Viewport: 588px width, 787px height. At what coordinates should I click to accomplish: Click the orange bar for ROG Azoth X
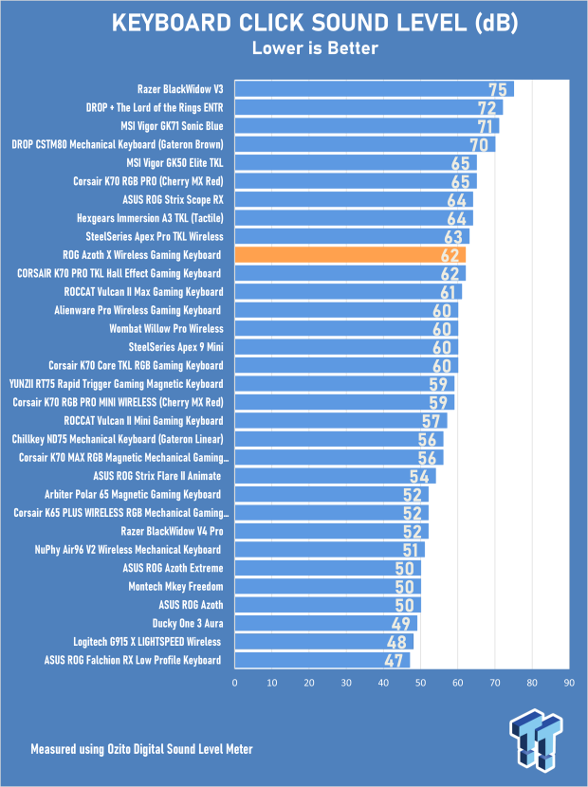350,255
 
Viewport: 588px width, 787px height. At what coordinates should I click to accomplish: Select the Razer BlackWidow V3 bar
374,89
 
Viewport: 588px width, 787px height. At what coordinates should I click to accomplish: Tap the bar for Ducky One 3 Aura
326,623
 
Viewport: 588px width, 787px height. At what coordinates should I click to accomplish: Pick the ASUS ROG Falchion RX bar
322,660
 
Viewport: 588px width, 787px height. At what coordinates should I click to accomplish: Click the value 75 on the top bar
498,90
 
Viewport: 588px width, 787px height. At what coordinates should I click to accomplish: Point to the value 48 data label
396,642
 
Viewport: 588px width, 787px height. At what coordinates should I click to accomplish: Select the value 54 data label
419,476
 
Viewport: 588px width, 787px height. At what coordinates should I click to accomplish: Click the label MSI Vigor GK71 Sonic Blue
172,126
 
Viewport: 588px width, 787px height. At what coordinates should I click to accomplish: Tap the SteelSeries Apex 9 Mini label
175,347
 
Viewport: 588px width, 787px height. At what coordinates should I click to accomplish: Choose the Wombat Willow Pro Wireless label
166,329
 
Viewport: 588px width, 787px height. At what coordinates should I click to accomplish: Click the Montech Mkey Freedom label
175,586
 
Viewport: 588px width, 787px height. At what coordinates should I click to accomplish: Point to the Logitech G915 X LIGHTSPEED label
147,642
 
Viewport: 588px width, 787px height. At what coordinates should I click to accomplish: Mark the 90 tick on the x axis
569,683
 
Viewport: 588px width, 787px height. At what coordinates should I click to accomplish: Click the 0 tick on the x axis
234,683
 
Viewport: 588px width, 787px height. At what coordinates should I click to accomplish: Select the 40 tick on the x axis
383,683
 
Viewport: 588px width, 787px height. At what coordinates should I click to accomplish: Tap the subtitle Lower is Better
315,48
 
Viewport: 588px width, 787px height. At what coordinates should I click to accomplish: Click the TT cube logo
535,739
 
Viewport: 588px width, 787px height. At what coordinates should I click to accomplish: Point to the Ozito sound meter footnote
141,749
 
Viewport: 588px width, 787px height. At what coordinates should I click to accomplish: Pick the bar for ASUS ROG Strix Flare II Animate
336,476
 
